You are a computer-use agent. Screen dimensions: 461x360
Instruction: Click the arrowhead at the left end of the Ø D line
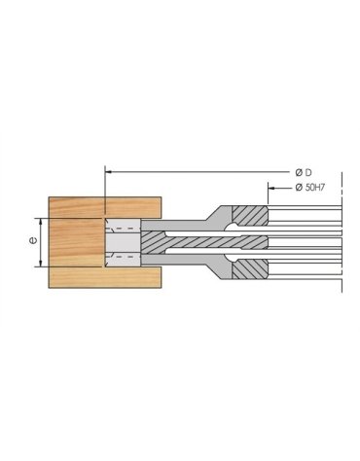(108, 171)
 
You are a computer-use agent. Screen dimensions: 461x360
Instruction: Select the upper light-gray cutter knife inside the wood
(122, 233)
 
